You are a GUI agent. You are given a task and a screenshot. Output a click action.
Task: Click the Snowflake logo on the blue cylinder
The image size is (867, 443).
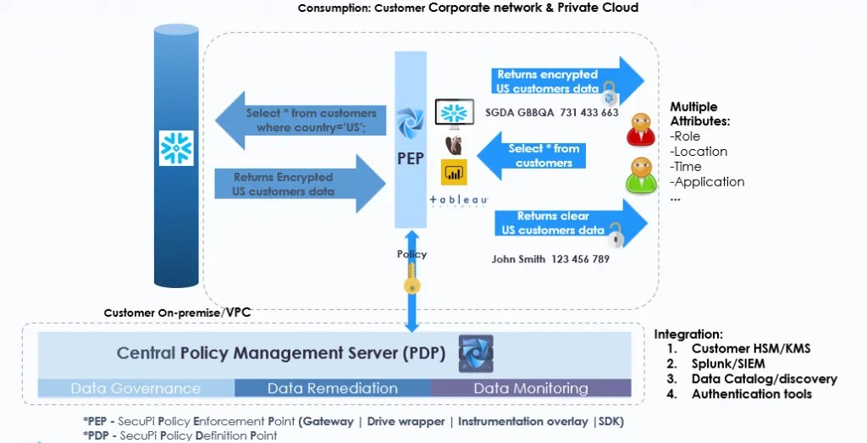177,148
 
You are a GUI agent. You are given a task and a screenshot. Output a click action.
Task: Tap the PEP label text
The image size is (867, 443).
411,158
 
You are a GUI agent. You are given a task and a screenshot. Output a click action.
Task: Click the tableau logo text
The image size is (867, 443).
458,201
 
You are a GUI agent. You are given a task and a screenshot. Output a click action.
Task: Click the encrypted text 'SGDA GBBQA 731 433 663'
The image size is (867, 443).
551,113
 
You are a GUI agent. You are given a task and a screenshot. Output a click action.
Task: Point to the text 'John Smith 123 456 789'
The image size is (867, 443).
550,259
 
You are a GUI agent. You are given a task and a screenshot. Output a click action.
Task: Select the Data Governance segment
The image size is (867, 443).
135,389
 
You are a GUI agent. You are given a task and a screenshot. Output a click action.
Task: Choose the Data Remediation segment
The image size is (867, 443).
332,389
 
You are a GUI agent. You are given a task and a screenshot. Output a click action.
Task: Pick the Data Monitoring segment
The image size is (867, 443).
530,389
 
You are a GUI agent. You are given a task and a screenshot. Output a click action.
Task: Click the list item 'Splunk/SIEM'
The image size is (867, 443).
727,363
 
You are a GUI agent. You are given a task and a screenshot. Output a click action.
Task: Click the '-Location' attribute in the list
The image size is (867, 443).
699,152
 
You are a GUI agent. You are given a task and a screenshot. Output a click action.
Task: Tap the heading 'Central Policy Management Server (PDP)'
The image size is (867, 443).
281,353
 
